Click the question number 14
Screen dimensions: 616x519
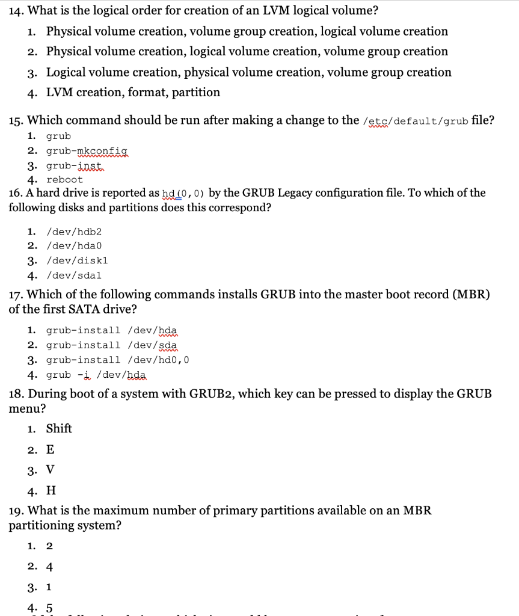pos(16,10)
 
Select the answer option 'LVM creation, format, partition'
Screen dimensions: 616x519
pos(133,93)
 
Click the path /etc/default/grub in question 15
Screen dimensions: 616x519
pos(416,121)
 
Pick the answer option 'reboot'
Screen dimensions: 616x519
pos(64,180)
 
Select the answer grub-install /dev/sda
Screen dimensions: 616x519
pos(111,345)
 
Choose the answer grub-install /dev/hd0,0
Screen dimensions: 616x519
pos(118,360)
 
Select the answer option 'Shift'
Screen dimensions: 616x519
pos(59,429)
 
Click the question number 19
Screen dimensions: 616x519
pos(16,511)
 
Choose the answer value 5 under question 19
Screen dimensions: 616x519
pos(49,608)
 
